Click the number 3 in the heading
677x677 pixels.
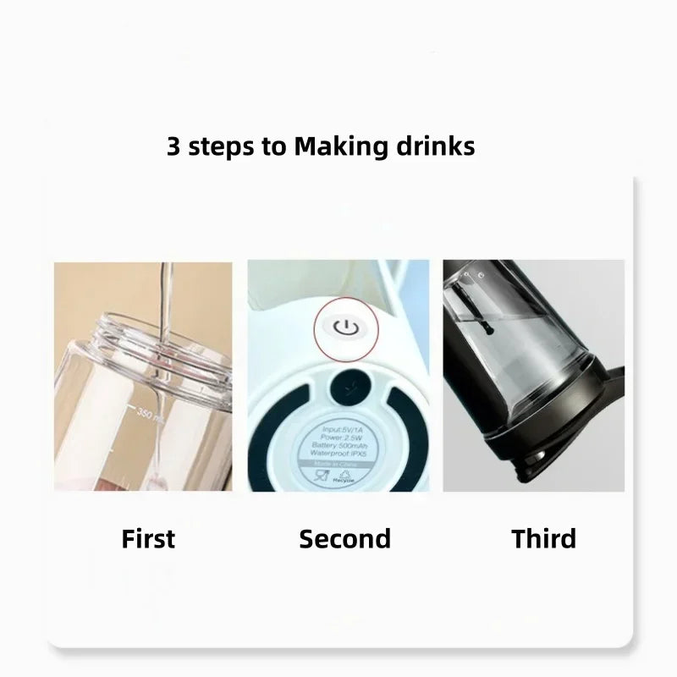click(173, 146)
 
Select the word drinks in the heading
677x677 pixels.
click(435, 146)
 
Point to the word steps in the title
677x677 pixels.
click(223, 147)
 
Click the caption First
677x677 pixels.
click(148, 538)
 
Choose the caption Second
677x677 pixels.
click(344, 538)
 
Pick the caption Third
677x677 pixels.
click(543, 538)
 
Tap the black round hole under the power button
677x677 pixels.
click(345, 385)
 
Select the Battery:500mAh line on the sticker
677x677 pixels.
click(343, 444)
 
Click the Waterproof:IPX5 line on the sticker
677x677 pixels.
click(343, 454)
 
